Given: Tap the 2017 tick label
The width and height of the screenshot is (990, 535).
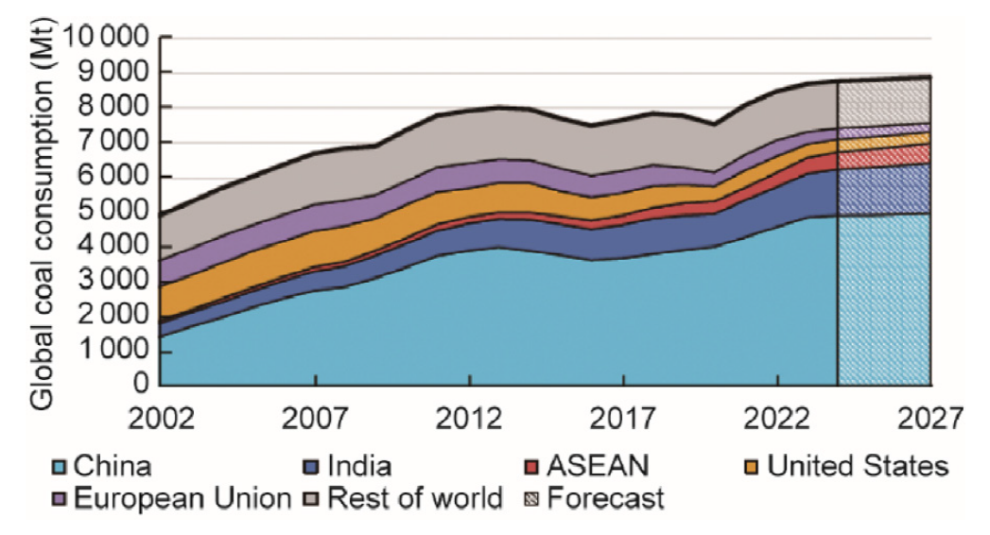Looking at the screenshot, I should click(622, 416).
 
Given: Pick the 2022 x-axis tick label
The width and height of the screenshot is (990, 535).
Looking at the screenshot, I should click(777, 416).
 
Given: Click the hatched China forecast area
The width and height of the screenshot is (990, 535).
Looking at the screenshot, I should click(884, 302).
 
